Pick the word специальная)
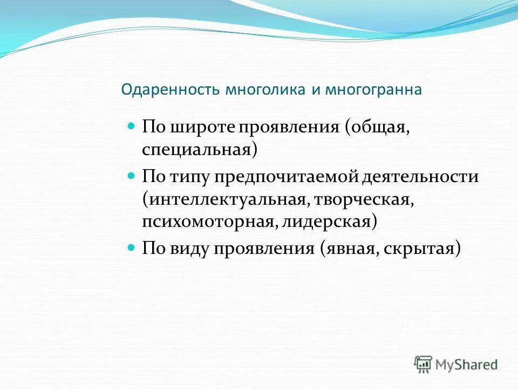coord(200,150)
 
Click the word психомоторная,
coord(208,222)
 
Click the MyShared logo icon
coord(424,364)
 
